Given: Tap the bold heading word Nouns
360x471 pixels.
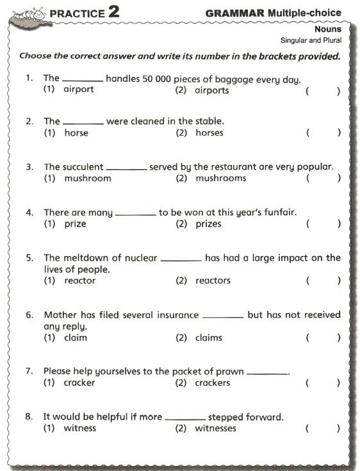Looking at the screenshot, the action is coord(328,29).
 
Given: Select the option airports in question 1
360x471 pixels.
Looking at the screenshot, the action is coord(211,90).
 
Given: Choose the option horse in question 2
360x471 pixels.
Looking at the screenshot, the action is coord(76,133).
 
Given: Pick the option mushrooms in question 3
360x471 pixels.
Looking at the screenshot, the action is coord(220,179).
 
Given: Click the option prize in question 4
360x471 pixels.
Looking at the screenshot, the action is coord(75,224).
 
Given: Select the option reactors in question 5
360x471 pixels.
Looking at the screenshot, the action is coord(213,281).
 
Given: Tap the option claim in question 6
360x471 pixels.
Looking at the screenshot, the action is coord(76,338).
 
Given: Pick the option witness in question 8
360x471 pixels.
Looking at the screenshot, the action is coord(79,428).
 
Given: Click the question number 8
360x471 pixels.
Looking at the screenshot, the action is coord(29,417).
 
